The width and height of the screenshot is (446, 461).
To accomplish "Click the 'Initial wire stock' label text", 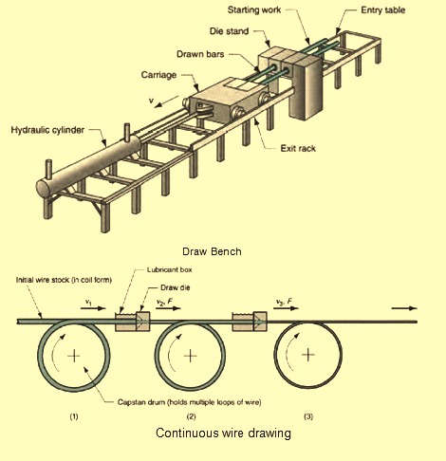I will [x=63, y=280].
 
